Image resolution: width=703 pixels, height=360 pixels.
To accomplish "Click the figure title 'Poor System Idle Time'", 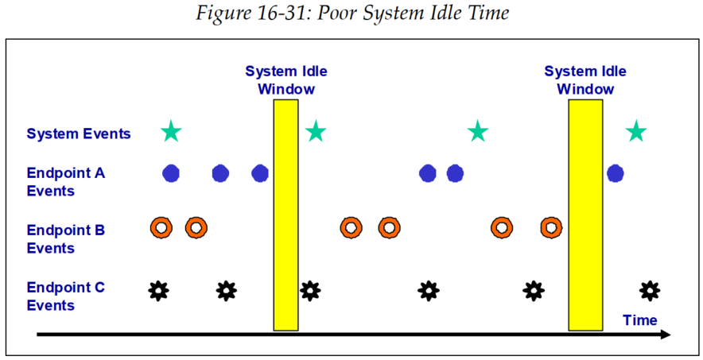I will coord(351,14).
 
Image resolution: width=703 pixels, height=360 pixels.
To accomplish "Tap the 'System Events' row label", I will coord(79,134).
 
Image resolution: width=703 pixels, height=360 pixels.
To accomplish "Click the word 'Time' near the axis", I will coord(640,320).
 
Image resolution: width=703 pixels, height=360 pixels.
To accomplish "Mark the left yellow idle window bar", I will coord(285,215).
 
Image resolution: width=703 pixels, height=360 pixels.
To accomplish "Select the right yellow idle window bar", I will coord(585,215).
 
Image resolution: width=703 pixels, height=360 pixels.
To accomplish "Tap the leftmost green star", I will coord(171,132).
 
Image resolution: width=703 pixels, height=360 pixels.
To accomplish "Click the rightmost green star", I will coord(635,132).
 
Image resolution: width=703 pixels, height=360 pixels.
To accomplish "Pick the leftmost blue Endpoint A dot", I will coord(171,173).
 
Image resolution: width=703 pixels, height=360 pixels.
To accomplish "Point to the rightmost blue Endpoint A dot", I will coord(615,173).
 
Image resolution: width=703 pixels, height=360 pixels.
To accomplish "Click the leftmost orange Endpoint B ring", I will coord(161,228).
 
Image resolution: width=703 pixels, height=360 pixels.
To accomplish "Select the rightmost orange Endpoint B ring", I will coord(550,228).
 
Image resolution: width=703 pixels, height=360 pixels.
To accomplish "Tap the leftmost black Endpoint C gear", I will coord(159,291).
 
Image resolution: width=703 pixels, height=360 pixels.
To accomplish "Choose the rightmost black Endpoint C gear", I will coord(650,291).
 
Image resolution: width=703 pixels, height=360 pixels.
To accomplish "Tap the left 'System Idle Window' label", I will coord(285,79).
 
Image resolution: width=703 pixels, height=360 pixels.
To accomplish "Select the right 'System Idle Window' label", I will coord(585,79).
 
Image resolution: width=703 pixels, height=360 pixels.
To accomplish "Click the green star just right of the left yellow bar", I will coord(316,132).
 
